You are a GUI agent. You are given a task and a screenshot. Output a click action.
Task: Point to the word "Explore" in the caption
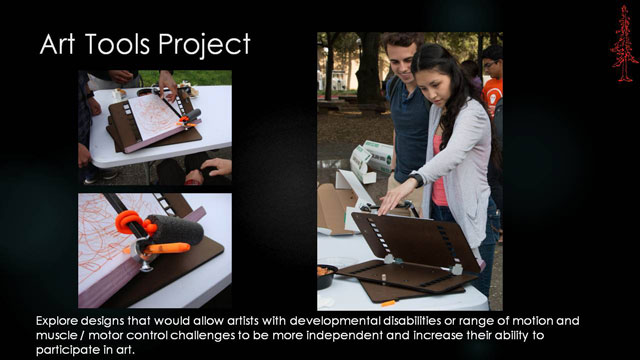(59, 321)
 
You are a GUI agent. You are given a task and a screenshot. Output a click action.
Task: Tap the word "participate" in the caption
(69, 352)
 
